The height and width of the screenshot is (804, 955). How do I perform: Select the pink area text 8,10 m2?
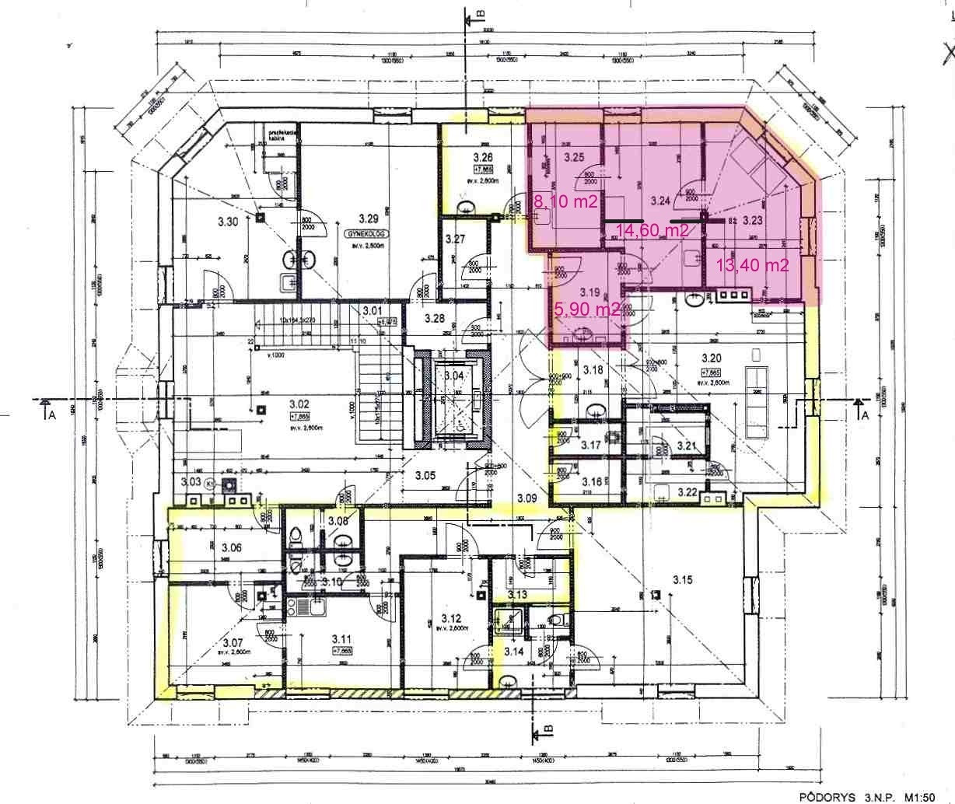pos(565,202)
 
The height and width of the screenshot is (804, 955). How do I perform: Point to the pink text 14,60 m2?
pos(652,230)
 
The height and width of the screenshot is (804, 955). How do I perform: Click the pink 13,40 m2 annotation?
pos(752,265)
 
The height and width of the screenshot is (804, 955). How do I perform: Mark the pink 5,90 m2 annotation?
pos(586,309)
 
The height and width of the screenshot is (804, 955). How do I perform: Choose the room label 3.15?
pos(683,579)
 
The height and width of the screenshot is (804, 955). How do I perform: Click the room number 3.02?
pos(299,404)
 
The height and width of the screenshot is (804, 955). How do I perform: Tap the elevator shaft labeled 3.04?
pos(453,376)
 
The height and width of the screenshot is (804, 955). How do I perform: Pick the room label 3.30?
pos(228,222)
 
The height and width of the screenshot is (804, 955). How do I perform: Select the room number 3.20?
pos(712,358)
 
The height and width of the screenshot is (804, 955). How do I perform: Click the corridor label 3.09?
pos(527,497)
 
